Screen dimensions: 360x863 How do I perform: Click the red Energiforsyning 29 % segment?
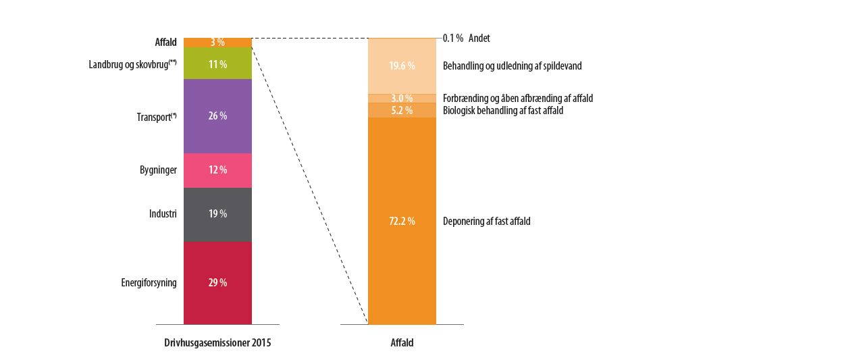[217, 283]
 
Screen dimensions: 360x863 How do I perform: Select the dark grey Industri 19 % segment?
[217, 214]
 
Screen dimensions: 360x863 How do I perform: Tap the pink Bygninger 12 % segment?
[217, 170]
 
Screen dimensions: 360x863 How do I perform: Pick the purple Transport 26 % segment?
[217, 116]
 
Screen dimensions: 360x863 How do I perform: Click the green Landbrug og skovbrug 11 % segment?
[217, 63]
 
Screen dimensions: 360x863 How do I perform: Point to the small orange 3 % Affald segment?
[217, 43]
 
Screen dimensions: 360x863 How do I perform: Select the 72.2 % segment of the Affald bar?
[402, 222]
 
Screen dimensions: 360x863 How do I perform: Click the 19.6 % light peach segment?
[402, 66]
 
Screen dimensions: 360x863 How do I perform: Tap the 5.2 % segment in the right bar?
[402, 110]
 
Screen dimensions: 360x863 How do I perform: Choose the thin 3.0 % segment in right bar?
[402, 99]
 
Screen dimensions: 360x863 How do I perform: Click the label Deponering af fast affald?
[486, 222]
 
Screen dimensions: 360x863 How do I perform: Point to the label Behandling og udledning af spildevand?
[512, 66]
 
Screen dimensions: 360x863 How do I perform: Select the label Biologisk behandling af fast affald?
[502, 110]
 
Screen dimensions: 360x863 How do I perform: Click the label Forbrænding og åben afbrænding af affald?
[517, 99]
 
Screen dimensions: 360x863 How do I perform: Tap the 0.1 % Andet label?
[466, 38]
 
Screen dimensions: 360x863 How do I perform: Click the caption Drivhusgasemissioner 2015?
[217, 343]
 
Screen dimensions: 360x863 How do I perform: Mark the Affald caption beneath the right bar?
[402, 343]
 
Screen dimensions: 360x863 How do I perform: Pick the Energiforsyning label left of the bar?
[149, 283]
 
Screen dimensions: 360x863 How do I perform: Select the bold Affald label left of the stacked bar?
[165, 43]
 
